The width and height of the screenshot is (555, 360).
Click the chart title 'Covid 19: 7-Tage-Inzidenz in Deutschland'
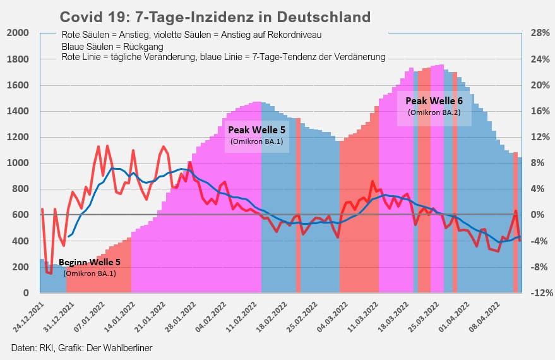click(215, 16)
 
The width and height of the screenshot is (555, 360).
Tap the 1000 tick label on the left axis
click(18, 163)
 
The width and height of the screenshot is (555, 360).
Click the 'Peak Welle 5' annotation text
click(256, 131)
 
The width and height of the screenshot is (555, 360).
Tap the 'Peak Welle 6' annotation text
click(434, 100)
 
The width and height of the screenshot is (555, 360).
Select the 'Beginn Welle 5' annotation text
click(89, 262)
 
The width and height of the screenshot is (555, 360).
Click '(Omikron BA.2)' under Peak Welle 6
click(434, 112)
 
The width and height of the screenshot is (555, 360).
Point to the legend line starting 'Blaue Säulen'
click(113, 47)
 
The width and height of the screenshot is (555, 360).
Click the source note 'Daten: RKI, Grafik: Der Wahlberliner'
click(82, 348)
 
